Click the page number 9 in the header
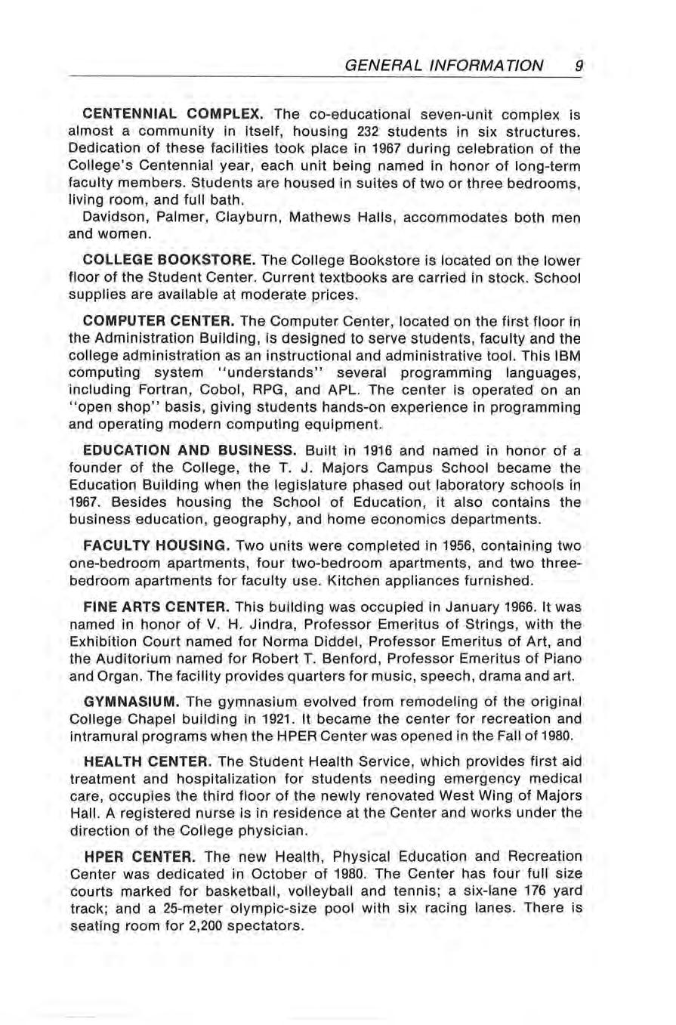click(578, 66)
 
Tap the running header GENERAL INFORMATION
click(443, 66)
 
